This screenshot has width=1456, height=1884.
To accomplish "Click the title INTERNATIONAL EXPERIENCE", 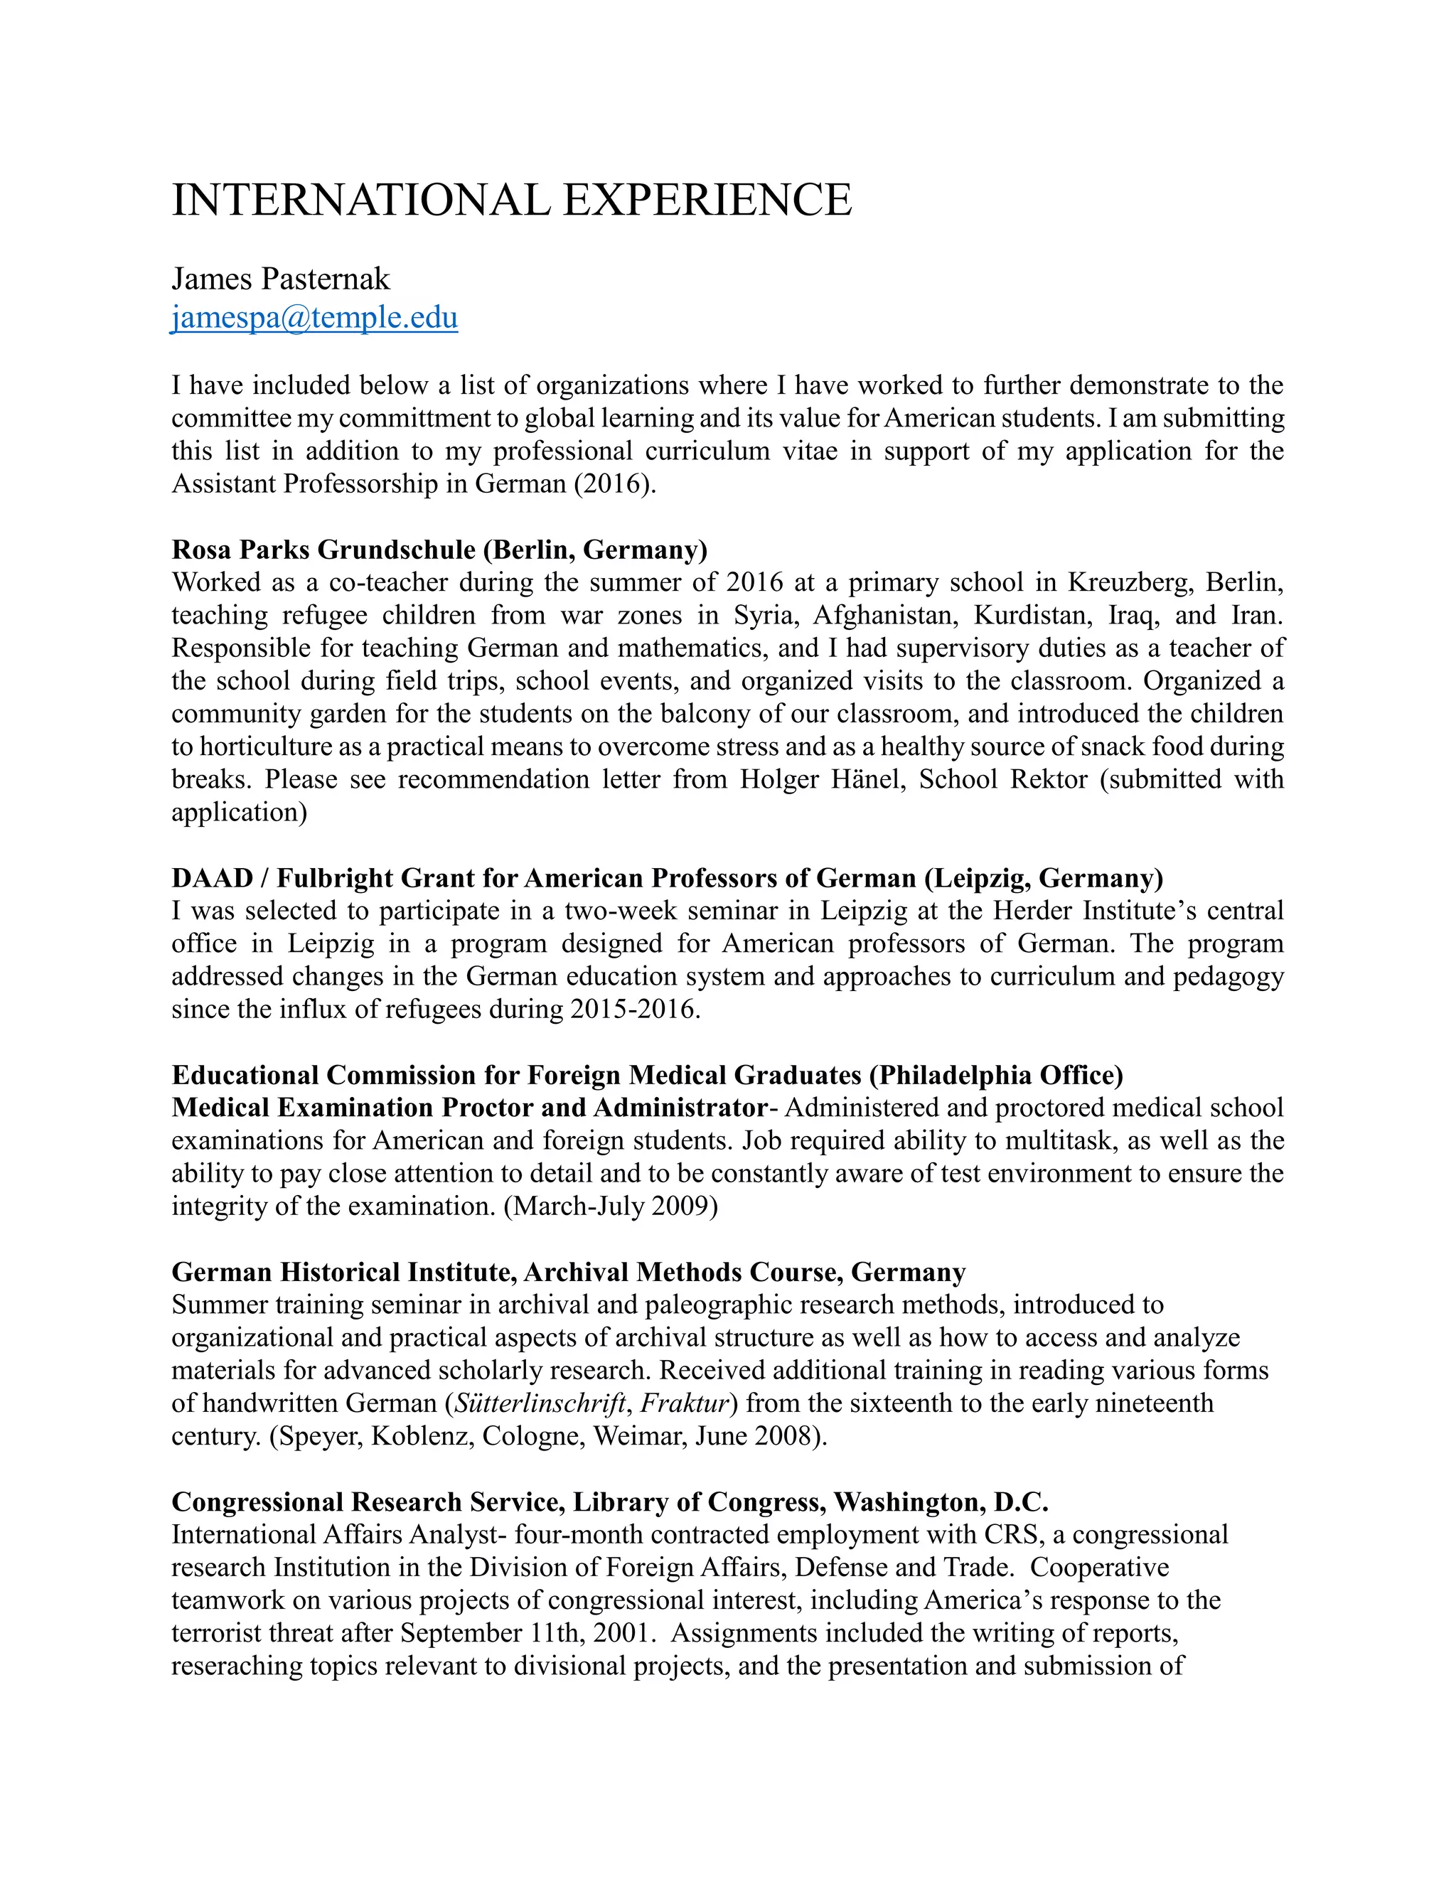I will [x=511, y=200].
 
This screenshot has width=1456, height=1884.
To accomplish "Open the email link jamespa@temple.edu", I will [x=315, y=318].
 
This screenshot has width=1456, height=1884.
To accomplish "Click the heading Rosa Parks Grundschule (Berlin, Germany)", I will [x=439, y=550].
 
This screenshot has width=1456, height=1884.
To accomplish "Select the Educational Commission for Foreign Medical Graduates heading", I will [x=647, y=1075].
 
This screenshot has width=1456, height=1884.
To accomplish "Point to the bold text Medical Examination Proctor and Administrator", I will [x=469, y=1108].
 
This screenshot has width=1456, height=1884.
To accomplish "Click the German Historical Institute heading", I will [x=569, y=1273].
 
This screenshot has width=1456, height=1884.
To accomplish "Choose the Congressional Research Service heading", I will [x=610, y=1502].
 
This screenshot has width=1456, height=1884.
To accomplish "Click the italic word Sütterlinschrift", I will [x=539, y=1403].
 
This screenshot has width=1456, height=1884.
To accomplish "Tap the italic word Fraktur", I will [x=684, y=1403].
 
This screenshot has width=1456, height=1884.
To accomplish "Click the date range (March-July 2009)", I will [x=611, y=1206].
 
